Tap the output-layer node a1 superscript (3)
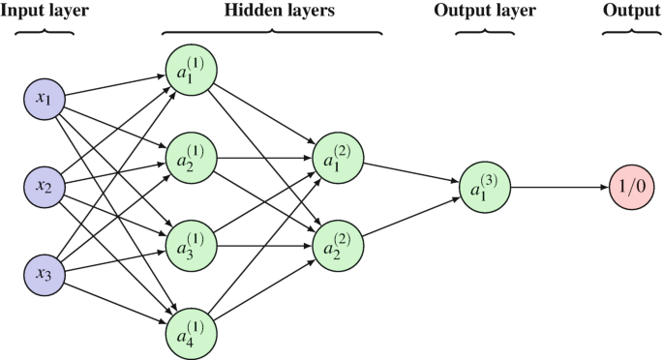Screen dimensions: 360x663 point(483,187)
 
